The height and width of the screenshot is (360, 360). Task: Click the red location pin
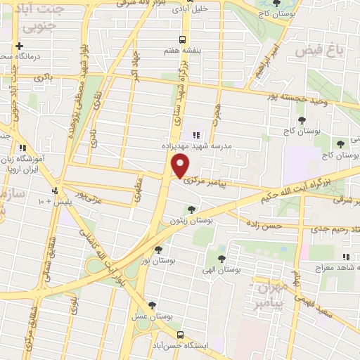(x=181, y=166)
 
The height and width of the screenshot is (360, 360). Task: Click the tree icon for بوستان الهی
(x=222, y=258)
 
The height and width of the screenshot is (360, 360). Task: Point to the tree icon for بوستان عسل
(x=152, y=304)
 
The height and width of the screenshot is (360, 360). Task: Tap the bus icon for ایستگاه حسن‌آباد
(x=181, y=335)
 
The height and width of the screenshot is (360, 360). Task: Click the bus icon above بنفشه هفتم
(x=183, y=39)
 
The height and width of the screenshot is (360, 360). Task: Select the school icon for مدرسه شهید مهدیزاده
(x=195, y=134)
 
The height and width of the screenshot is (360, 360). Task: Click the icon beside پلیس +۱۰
(x=53, y=191)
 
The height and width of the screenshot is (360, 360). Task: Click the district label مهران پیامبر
(x=269, y=296)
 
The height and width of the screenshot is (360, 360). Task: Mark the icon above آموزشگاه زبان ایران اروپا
(x=24, y=148)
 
